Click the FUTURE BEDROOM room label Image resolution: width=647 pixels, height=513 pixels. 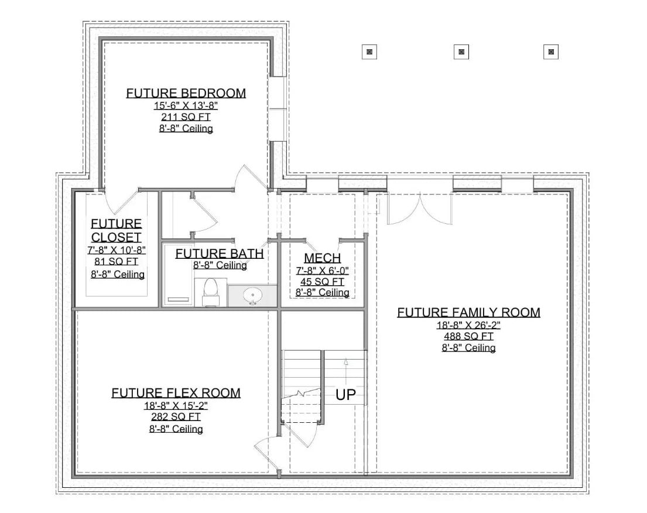(186, 93)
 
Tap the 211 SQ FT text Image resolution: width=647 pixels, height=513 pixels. (186, 117)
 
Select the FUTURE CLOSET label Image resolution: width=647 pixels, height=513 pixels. (116, 230)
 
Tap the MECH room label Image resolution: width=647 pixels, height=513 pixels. (322, 258)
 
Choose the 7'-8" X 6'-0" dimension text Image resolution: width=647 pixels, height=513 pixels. (322, 271)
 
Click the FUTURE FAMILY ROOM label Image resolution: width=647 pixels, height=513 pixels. (468, 312)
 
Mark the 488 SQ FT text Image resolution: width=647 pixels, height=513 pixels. (468, 336)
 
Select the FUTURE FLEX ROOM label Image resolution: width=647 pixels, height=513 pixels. (176, 392)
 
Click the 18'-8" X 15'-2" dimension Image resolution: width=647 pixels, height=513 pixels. (176, 405)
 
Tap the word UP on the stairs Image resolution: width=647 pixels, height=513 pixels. (345, 395)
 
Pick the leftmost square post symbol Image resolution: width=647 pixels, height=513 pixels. (369, 52)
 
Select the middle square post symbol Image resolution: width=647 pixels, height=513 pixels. (461, 52)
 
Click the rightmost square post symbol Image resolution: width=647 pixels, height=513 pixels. (551, 52)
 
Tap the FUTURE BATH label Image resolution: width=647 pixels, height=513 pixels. (219, 254)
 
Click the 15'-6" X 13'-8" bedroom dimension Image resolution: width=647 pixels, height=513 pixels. (186, 105)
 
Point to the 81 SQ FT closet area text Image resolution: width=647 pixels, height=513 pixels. (116, 262)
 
